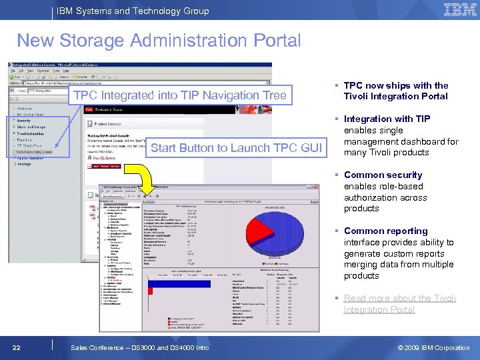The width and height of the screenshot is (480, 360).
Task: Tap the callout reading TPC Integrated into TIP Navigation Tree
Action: click(x=180, y=96)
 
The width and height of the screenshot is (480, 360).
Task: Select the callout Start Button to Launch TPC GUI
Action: click(x=236, y=148)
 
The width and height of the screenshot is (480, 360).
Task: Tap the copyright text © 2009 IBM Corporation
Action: click(x=433, y=347)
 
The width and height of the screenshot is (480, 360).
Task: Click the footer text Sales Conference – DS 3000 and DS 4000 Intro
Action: click(x=139, y=347)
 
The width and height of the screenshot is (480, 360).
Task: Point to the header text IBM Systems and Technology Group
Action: click(x=133, y=11)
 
